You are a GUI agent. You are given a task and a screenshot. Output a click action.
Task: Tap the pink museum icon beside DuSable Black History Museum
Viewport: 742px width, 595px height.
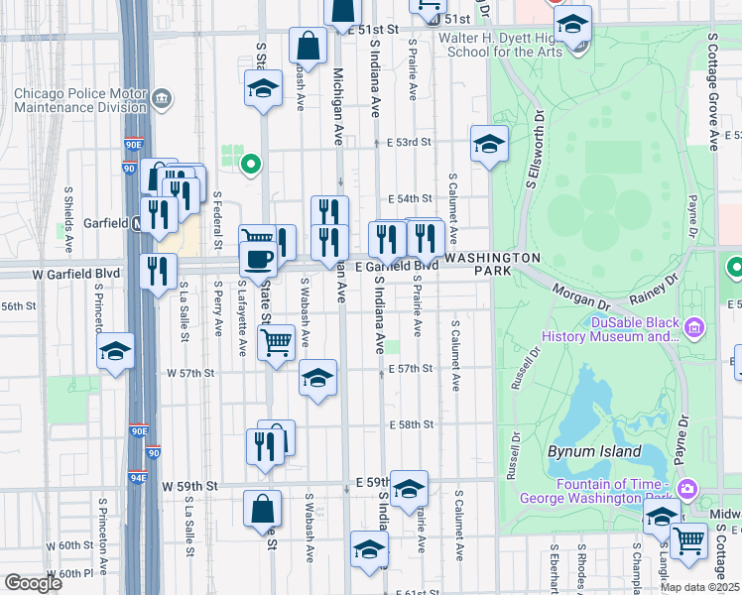[x=693, y=326]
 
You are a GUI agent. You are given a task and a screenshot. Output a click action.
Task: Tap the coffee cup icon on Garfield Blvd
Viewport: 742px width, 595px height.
[x=259, y=259]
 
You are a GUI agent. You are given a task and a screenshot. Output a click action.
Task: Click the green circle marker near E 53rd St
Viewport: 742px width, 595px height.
[x=252, y=165]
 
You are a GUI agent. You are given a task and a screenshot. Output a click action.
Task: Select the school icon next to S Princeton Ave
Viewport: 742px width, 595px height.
[x=115, y=351]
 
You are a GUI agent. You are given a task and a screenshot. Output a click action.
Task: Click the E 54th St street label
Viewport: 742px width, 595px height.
[x=410, y=198]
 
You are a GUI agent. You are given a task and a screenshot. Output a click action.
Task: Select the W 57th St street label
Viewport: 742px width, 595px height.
[x=191, y=373]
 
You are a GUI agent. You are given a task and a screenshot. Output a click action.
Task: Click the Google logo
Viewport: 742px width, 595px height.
[x=33, y=583]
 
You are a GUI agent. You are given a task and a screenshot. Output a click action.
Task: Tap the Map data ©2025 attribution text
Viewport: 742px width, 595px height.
[x=698, y=587]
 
